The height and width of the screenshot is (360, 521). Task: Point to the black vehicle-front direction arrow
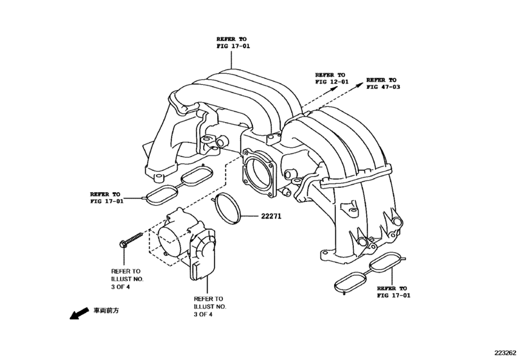click(x=78, y=314)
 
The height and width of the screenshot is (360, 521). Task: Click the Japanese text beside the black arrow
click(x=106, y=310)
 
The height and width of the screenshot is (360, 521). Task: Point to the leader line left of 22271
click(x=249, y=216)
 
